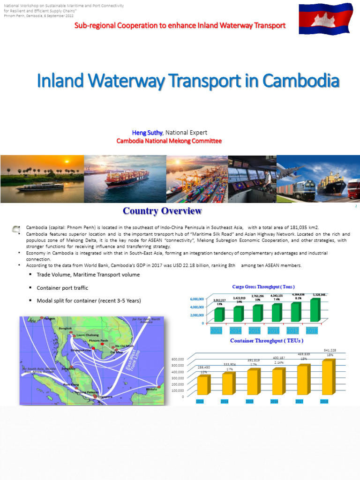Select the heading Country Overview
pyautogui.click(x=162, y=211)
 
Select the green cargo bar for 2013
pyautogui.click(x=219, y=315)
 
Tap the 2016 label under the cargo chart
pyautogui.click(x=274, y=331)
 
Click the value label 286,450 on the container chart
pyautogui.click(x=203, y=367)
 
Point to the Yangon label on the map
pyautogui.click(x=49, y=319)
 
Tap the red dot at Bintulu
pyautogui.click(x=160, y=386)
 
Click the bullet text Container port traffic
pyautogui.click(x=62, y=288)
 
